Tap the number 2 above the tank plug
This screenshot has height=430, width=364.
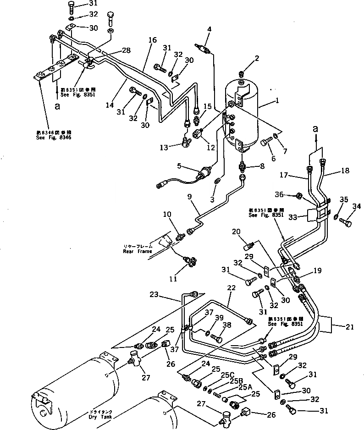point(257,58)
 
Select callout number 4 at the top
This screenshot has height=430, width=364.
point(209,30)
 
